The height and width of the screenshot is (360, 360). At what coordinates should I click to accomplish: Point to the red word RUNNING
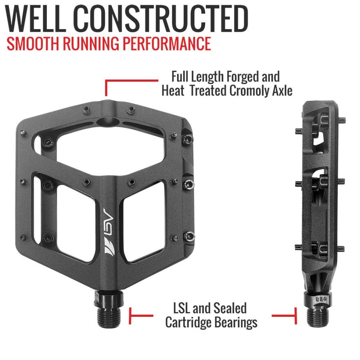click(x=93, y=44)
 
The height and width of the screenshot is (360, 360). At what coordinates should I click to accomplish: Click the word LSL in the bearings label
click(x=182, y=308)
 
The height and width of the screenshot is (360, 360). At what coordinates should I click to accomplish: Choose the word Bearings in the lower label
click(x=238, y=322)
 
